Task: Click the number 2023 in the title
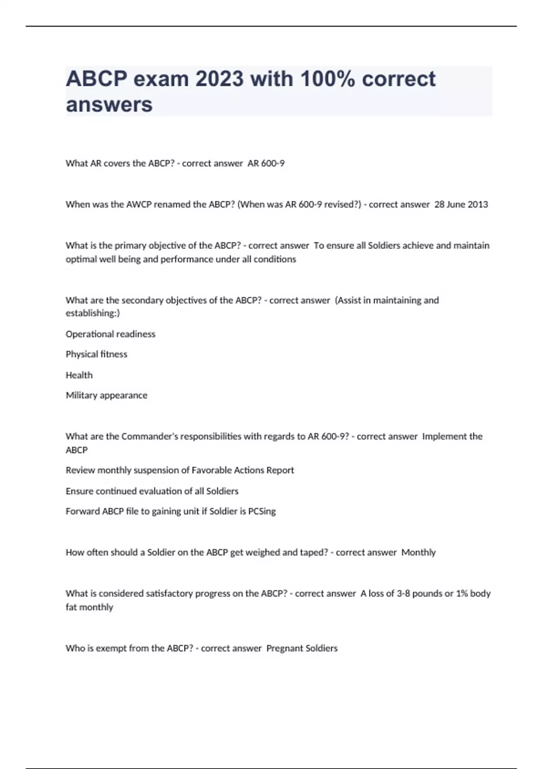click(219, 79)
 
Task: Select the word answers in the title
click(109, 104)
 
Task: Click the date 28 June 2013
click(461, 204)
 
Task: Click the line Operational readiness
click(110, 334)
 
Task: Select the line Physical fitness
click(96, 354)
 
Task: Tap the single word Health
click(79, 375)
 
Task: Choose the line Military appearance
click(106, 395)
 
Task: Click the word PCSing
click(262, 512)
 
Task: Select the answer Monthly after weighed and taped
click(419, 552)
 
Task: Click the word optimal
click(81, 259)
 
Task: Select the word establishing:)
click(93, 313)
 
